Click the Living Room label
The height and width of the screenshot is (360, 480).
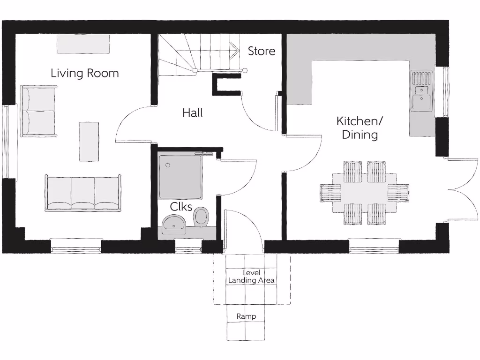[84, 73]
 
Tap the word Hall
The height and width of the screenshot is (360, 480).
[193, 112]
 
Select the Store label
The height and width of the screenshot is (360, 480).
[262, 51]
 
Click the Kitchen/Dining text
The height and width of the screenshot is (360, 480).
[360, 128]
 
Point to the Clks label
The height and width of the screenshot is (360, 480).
[181, 207]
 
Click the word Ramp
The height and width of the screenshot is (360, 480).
[246, 316]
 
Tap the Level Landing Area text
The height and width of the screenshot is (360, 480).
[251, 277]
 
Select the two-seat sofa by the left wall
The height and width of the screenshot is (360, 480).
[38, 111]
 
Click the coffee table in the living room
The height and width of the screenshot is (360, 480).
[89, 142]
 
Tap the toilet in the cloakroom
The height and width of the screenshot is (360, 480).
[201, 217]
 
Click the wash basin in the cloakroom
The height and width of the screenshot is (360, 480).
[174, 224]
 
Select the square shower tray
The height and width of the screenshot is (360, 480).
[180, 176]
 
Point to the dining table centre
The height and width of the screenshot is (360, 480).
[364, 193]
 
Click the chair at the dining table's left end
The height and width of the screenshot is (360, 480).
[329, 193]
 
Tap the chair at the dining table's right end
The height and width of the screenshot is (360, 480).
[399, 193]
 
